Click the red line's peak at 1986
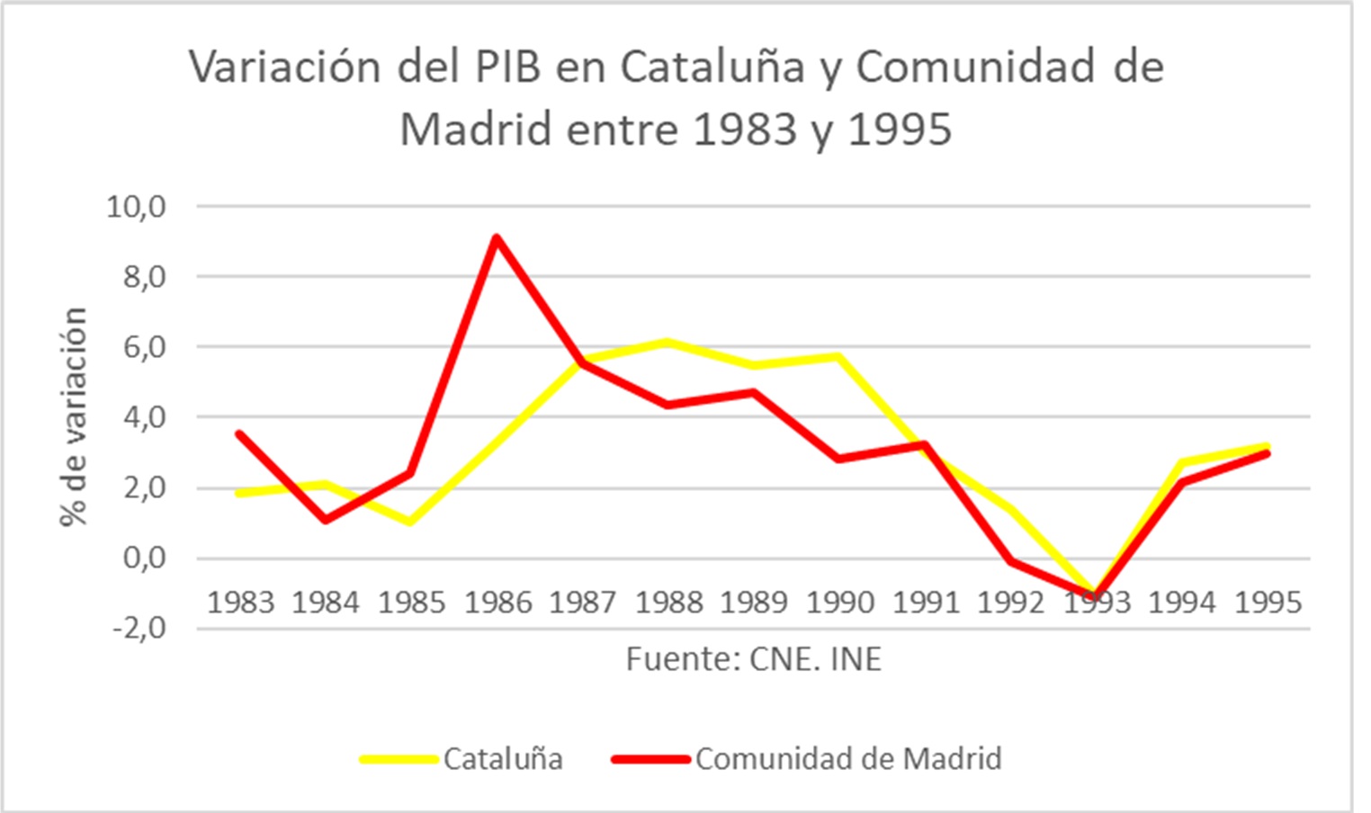point(496,237)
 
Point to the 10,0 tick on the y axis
point(137,207)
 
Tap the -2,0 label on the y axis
point(139,628)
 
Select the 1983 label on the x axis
point(240,603)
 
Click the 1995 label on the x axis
point(1268,603)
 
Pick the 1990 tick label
point(839,603)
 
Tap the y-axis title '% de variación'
point(74,416)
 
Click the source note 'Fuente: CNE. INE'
point(753,659)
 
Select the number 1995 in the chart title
point(899,130)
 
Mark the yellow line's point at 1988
point(668,342)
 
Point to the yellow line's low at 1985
point(410,522)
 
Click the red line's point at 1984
point(325,520)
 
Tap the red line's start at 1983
point(239,433)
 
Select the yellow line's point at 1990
point(839,356)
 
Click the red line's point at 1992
point(1011,561)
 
